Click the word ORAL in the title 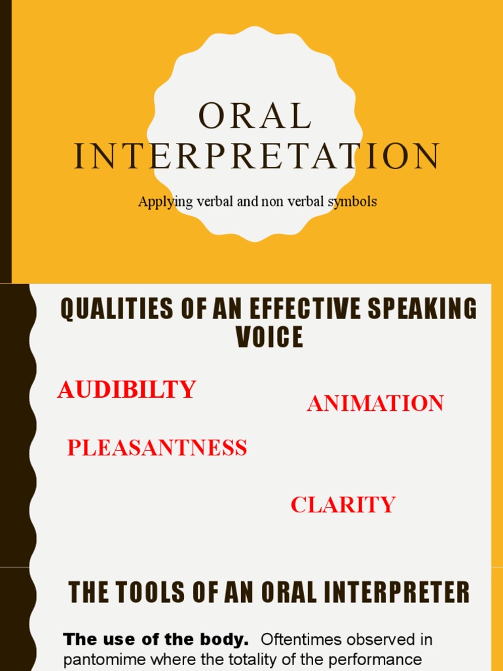pyautogui.click(x=255, y=117)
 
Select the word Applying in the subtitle pyautogui.click(x=162, y=202)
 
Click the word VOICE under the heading pyautogui.click(x=269, y=337)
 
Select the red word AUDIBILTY pyautogui.click(x=126, y=390)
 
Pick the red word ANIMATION pyautogui.click(x=375, y=404)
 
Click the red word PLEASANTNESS pyautogui.click(x=157, y=448)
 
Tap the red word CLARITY pyautogui.click(x=343, y=505)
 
